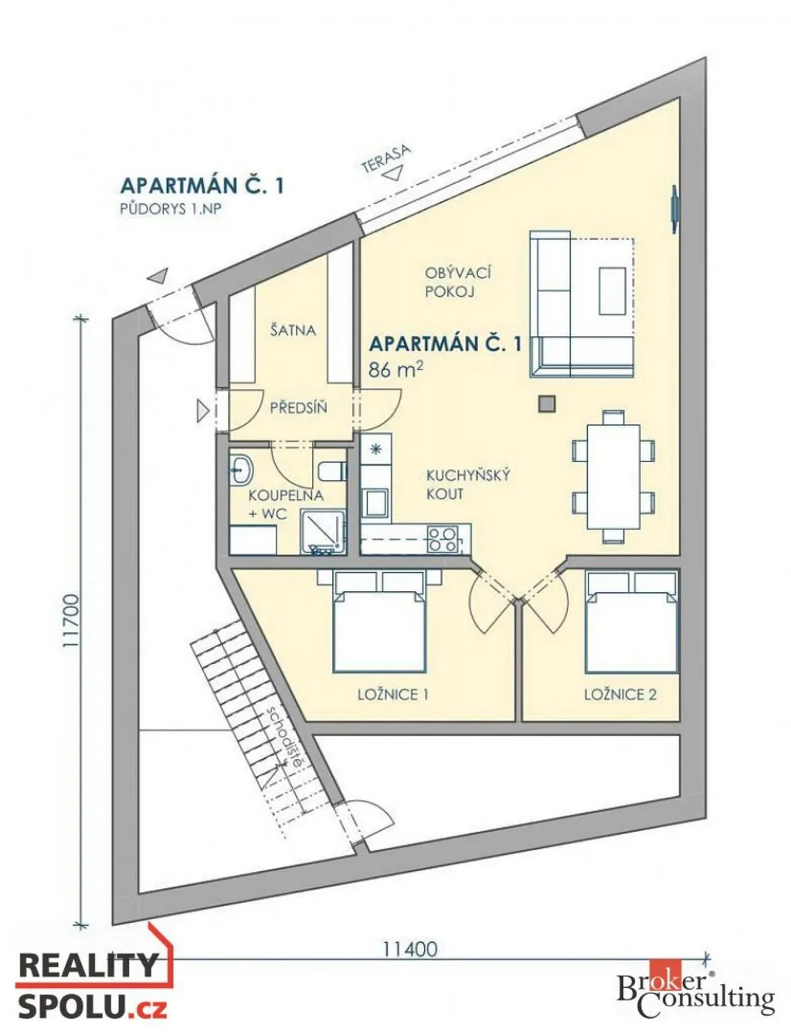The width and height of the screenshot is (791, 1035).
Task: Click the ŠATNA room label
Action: click(x=293, y=329)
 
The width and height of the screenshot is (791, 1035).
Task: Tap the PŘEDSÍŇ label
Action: click(x=298, y=407)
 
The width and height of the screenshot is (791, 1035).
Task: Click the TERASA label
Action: click(x=385, y=158)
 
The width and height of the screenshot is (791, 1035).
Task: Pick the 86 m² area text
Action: click(x=395, y=369)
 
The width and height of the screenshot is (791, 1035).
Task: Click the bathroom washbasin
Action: click(x=242, y=470)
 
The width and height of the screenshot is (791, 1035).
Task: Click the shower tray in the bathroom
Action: click(x=323, y=532)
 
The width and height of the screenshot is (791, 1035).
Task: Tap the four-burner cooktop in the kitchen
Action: click(x=443, y=539)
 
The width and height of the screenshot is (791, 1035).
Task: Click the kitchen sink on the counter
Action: click(x=375, y=503)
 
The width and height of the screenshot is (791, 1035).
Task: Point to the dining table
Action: click(x=613, y=477)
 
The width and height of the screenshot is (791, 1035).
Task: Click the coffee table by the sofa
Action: click(x=613, y=291)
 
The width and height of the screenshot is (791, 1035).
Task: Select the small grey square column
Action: click(x=547, y=404)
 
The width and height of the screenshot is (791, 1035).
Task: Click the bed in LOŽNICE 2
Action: click(x=631, y=621)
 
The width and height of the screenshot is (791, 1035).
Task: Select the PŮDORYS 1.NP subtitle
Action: click(x=171, y=209)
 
